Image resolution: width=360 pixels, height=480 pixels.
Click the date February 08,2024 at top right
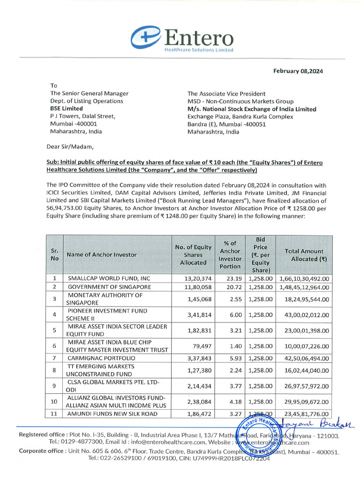298,71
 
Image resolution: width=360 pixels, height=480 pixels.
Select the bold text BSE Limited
67,108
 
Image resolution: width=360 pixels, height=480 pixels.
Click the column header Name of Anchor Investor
102,255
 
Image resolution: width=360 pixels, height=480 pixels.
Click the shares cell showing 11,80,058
200,286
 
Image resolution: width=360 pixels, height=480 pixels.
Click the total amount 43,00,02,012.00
304,315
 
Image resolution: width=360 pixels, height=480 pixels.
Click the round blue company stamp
255,440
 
